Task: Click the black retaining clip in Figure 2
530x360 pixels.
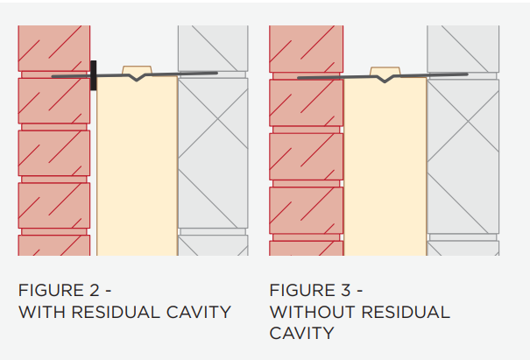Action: point(93,75)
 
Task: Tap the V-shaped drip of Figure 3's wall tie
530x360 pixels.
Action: point(382,79)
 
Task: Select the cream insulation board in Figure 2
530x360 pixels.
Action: point(137,166)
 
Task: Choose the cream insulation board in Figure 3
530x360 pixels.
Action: point(385,166)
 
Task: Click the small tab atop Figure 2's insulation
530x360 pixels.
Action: point(137,69)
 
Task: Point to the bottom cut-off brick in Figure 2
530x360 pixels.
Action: point(53,246)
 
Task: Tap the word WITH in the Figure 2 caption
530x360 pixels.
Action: point(39,312)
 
